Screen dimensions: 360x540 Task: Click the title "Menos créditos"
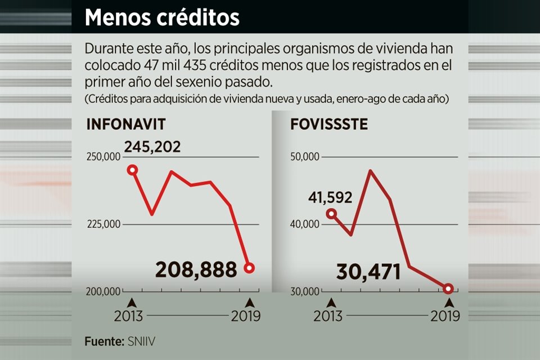pos(162,17)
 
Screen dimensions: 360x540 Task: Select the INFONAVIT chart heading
pos(126,125)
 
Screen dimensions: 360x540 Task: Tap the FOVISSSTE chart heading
pos(329,125)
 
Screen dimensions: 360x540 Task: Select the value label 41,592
pos(330,198)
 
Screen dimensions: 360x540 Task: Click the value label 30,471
pos(368,272)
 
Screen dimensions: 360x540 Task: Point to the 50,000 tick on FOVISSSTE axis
pos(304,157)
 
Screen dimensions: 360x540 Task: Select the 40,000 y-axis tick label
pos(304,224)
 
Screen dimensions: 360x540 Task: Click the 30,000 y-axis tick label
pos(304,292)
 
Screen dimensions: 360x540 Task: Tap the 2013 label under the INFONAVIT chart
pos(129,316)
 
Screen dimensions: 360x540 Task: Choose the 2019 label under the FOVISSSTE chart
pos(445,316)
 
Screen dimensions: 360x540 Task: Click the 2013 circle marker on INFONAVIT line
pos(133,170)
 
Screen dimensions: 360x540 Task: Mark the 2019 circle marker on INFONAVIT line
pos(249,268)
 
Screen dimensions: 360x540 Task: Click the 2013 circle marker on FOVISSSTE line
pos(331,214)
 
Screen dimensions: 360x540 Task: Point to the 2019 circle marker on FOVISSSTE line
pos(448,289)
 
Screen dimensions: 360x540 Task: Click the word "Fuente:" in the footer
pos(103,341)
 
